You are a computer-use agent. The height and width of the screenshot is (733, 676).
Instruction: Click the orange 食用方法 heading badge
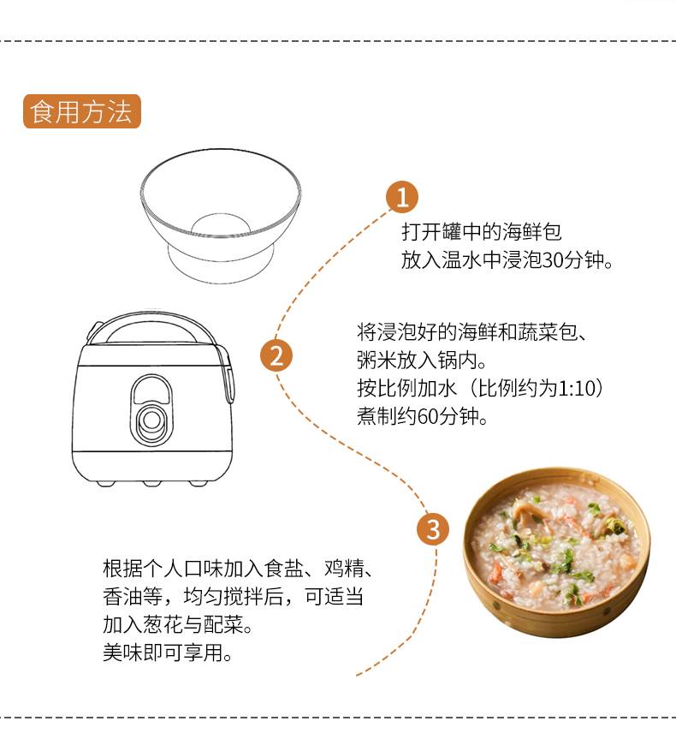pyautogui.click(x=82, y=111)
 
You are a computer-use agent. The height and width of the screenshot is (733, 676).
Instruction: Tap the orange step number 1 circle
pyautogui.click(x=402, y=197)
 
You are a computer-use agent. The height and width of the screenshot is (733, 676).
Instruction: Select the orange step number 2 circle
pyautogui.click(x=276, y=355)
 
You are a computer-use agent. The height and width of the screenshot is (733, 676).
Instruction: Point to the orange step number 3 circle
pyautogui.click(x=433, y=529)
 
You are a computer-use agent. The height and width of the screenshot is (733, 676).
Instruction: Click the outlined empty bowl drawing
pyautogui.click(x=221, y=216)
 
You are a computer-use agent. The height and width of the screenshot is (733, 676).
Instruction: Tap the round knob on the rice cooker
pyautogui.click(x=151, y=420)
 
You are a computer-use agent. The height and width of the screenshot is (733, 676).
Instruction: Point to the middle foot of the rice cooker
pyautogui.click(x=151, y=483)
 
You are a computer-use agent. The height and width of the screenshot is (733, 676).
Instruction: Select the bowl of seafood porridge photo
pyautogui.click(x=556, y=552)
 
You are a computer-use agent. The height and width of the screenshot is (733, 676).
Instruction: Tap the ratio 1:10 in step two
pyautogui.click(x=573, y=388)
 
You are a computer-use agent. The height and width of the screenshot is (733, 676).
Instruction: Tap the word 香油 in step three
pyautogui.click(x=123, y=597)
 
